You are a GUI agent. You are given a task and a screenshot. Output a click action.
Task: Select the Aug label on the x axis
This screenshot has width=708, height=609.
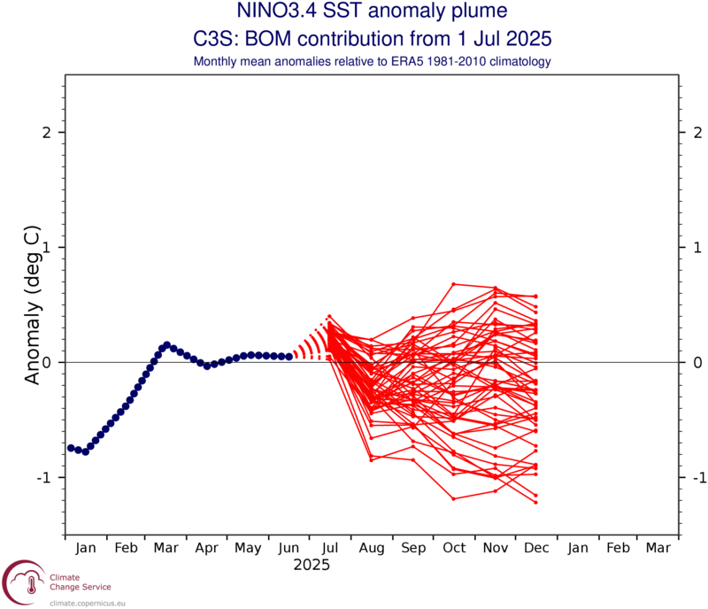(x=372, y=548)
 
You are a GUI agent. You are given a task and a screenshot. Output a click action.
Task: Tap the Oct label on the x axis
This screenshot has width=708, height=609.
(x=454, y=548)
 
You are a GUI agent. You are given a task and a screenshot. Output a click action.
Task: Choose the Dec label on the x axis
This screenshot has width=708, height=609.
(x=536, y=548)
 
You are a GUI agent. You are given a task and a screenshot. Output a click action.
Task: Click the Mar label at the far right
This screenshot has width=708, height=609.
(x=658, y=548)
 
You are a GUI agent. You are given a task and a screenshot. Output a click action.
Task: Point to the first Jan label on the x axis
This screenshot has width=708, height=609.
(x=86, y=548)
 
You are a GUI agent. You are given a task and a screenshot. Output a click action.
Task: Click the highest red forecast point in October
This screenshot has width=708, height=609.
(x=453, y=284)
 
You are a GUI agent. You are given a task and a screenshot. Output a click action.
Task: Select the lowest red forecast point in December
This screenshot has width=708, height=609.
(x=535, y=502)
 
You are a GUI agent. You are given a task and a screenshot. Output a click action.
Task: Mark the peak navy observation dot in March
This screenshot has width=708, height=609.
(x=166, y=344)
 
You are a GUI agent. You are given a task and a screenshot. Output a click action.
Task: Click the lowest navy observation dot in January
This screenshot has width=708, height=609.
(x=85, y=451)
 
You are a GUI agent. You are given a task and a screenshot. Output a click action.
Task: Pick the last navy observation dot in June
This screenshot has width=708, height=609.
(x=289, y=356)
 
